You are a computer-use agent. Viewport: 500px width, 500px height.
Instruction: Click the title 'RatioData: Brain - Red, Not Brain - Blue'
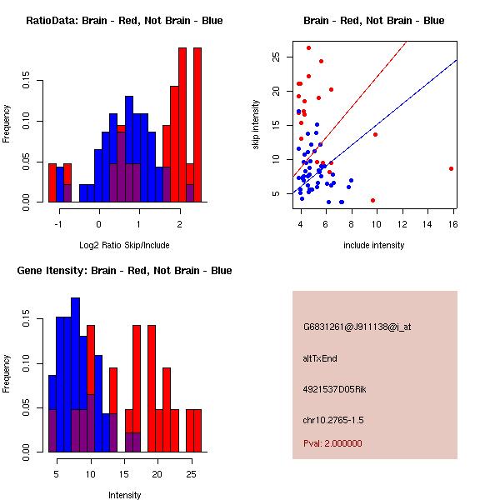pyautogui.click(x=124, y=20)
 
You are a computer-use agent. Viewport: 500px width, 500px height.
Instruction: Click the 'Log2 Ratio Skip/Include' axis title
pyautogui.click(x=124, y=245)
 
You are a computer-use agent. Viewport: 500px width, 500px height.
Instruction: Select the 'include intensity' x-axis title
pyautogui.click(x=374, y=245)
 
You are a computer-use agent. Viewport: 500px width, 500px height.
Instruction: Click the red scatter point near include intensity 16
pyautogui.click(x=451, y=168)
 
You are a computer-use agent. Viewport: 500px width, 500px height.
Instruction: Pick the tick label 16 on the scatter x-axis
pyautogui.click(x=453, y=224)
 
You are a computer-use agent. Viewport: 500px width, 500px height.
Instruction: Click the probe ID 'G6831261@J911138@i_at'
pyautogui.click(x=357, y=327)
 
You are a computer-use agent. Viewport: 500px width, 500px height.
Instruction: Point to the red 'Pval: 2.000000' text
pyautogui.click(x=332, y=443)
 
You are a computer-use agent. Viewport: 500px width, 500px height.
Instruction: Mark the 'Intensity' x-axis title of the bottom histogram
pyautogui.click(x=124, y=495)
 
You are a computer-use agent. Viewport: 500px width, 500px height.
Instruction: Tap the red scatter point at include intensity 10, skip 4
pyautogui.click(x=372, y=200)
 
